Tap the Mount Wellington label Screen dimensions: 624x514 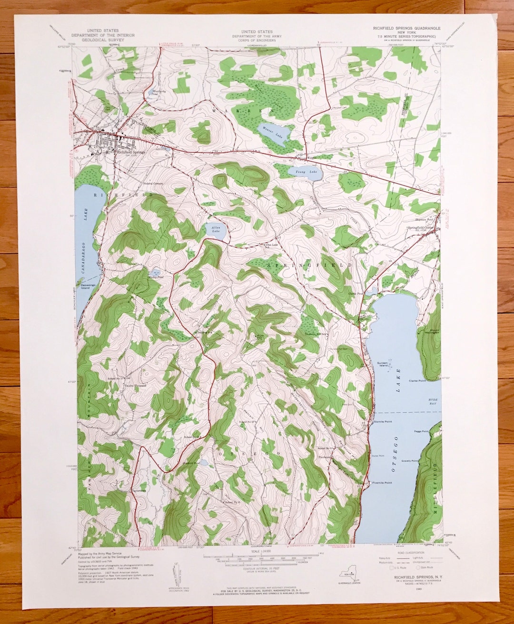pos(434,332)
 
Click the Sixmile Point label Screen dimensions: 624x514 pos(383,422)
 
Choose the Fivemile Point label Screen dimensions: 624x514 pos(382,483)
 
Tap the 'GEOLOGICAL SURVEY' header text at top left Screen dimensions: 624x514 pos(103,40)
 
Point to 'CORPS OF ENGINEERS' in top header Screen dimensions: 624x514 pos(257,40)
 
